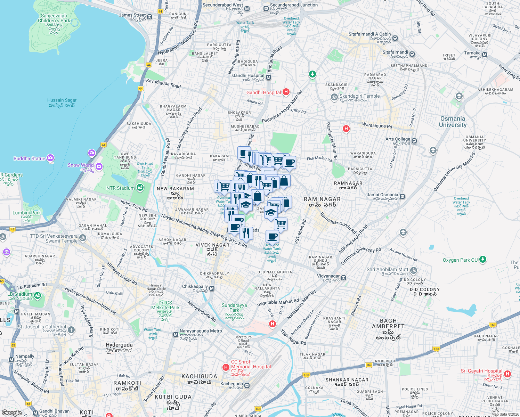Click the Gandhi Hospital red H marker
[286, 92]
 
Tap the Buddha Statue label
[30, 158]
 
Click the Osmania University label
[453, 122]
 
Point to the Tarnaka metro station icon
[485, 55]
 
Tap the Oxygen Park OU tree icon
[482, 259]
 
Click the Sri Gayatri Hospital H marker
[507, 374]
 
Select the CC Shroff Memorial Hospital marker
[226, 367]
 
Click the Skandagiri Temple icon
[334, 97]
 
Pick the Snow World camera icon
[99, 167]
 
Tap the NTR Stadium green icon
[140, 188]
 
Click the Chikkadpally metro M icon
[212, 288]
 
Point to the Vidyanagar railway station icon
[343, 278]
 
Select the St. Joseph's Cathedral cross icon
[71, 330]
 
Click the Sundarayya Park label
[234, 308]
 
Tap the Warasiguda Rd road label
[377, 125]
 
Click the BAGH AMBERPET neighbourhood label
[388, 324]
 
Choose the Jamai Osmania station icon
[402, 196]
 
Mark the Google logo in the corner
[11, 412]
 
